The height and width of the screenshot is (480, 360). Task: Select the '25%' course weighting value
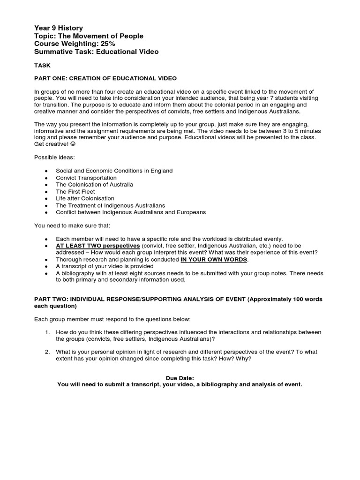[x=105, y=44]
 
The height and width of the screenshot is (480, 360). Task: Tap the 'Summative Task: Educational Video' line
[x=96, y=52]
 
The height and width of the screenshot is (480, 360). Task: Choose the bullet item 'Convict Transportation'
[x=86, y=178]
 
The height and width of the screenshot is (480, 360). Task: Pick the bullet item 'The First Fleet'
[x=75, y=192]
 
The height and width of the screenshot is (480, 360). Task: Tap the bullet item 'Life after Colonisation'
[x=85, y=198]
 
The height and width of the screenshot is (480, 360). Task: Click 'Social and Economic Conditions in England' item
[x=114, y=171]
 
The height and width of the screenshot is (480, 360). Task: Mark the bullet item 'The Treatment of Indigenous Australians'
[x=110, y=205]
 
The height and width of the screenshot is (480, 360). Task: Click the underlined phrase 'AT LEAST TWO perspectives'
[x=97, y=246]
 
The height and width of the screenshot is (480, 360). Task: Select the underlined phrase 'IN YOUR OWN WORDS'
[x=214, y=259]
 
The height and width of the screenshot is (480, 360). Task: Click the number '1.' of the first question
[x=47, y=332]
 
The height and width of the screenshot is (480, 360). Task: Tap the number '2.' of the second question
[x=47, y=352]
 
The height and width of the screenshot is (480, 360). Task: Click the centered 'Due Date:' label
[x=180, y=378]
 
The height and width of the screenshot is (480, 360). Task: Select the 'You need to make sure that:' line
[x=71, y=225]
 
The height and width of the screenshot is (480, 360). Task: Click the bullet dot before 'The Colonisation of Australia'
[x=45, y=185]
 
